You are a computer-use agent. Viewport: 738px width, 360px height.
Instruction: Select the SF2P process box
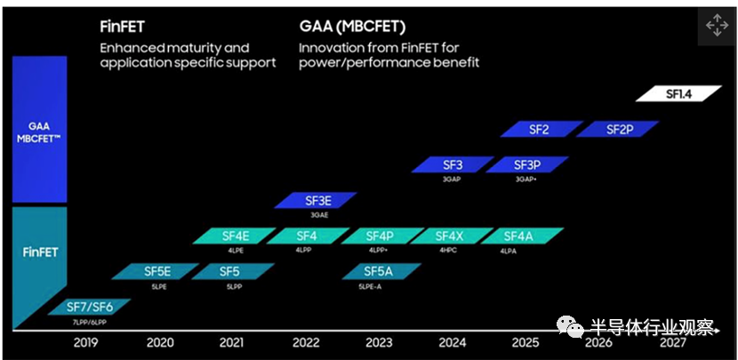pos(619,129)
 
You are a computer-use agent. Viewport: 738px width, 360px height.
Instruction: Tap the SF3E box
pos(317,200)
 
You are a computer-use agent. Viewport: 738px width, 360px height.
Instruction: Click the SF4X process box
pos(450,236)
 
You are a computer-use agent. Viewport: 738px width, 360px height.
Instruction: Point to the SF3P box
pos(526,164)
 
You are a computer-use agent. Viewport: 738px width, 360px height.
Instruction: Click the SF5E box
pos(157,271)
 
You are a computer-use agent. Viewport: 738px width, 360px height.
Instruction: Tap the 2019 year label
pos(85,343)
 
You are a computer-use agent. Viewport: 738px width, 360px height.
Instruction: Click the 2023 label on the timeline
pos(378,343)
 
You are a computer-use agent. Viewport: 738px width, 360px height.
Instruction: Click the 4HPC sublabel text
pos(447,251)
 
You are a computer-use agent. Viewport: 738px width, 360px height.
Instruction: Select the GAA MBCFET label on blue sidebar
pos(40,132)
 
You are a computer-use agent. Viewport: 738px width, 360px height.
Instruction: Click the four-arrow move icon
pos(716,25)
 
